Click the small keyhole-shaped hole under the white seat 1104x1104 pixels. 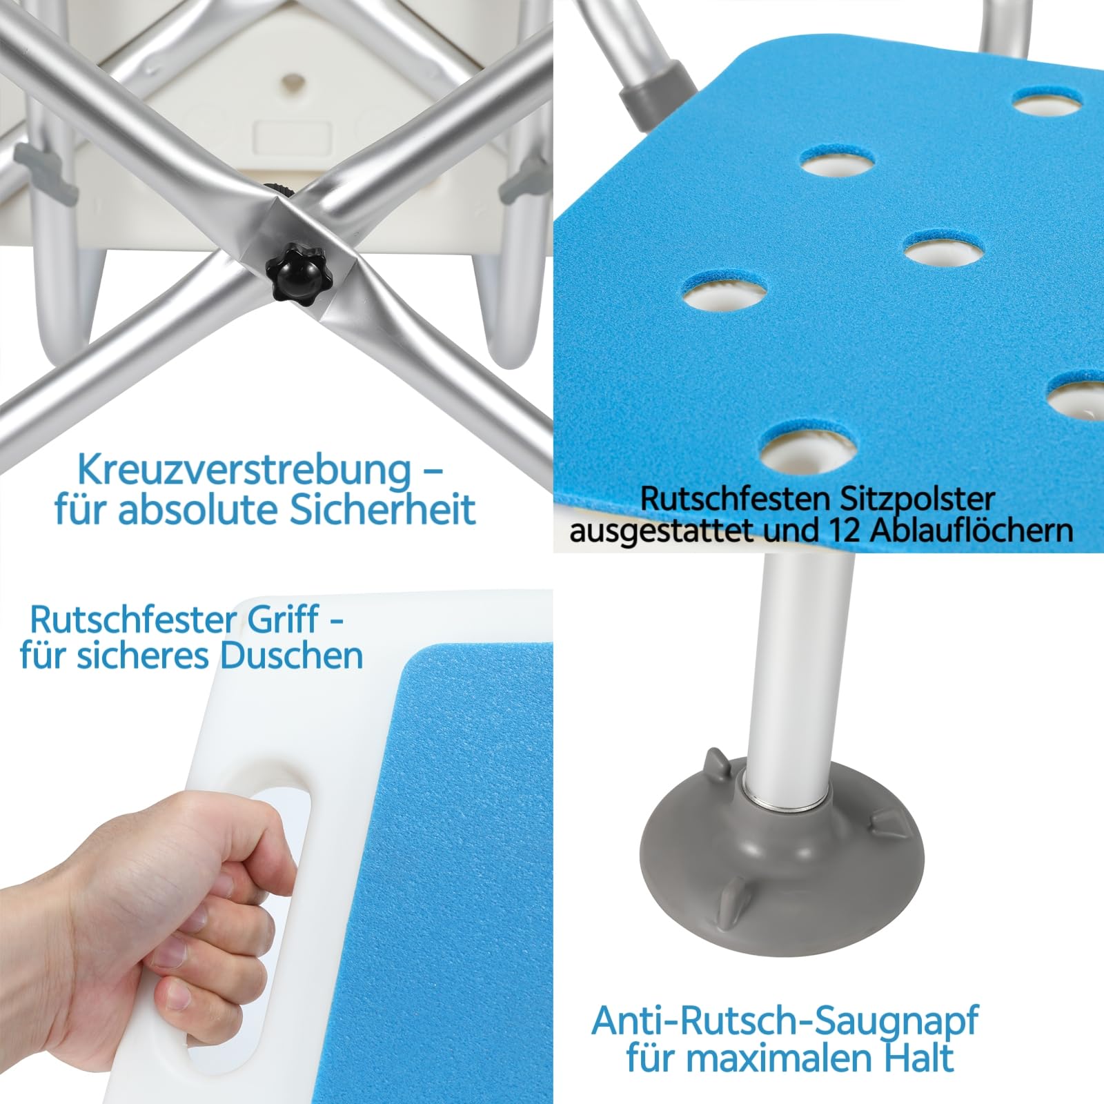(x=292, y=81)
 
